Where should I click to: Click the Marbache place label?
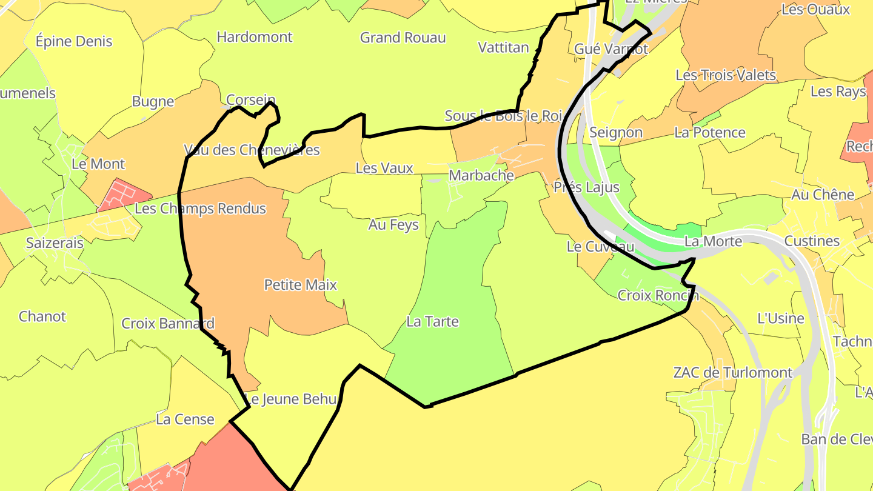coord(481,176)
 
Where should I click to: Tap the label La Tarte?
coord(432,322)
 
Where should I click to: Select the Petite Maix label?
coord(300,285)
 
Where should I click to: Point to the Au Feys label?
coord(393,225)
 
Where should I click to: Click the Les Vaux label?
coord(384,169)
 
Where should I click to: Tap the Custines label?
coord(812,241)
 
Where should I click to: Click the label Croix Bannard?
coord(168,324)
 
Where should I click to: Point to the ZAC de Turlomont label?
coord(732,373)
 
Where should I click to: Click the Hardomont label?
coord(255,37)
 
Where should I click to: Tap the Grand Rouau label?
coord(403,38)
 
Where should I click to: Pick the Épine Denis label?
coord(74,41)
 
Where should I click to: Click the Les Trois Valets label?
coord(725,75)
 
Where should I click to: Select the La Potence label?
coord(709,133)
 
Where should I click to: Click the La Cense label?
coord(185,419)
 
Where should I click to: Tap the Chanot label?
coord(42,316)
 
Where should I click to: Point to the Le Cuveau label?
coord(600,247)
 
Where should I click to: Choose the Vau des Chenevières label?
coord(252,150)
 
